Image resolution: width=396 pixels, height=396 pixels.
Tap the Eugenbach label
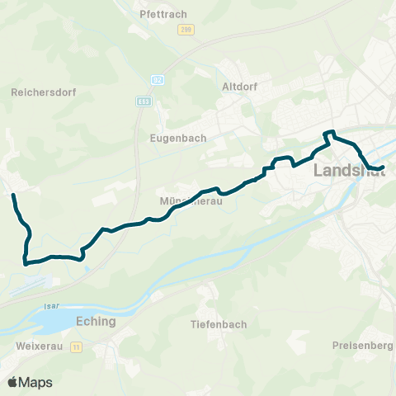[177, 139]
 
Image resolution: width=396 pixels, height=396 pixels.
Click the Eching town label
[95, 322]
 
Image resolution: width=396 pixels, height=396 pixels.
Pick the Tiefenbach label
[219, 324]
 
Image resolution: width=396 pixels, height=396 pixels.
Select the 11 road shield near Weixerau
[76, 347]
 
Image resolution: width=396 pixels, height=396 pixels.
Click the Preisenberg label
[364, 345]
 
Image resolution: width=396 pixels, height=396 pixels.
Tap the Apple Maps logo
[31, 382]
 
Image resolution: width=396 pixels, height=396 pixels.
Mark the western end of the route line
[12, 196]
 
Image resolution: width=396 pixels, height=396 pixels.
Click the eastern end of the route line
[384, 168]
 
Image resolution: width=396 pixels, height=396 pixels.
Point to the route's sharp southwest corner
[25, 264]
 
